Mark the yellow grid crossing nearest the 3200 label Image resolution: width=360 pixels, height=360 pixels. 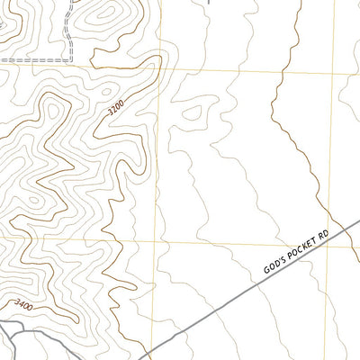tap(163, 67)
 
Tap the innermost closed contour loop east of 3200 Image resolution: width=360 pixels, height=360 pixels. tap(191, 112)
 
